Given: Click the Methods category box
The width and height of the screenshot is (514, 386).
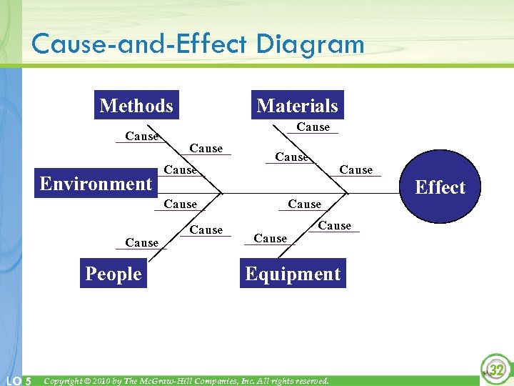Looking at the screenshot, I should (136, 106).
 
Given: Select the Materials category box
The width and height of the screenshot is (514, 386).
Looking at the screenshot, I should (297, 106).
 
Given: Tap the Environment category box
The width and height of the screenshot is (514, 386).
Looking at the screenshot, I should (96, 184).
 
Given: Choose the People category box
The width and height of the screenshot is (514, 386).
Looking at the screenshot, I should (114, 274).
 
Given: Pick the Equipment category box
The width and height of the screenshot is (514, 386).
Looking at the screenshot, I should (293, 274).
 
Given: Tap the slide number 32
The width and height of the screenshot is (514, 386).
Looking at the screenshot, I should (496, 370).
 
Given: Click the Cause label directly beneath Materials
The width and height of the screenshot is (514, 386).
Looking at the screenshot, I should (313, 127).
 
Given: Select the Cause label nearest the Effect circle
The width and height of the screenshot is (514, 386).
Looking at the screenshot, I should (356, 170).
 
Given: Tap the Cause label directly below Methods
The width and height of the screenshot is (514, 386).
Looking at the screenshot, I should (141, 137).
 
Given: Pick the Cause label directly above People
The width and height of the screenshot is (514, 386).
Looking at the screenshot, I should (141, 243).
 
